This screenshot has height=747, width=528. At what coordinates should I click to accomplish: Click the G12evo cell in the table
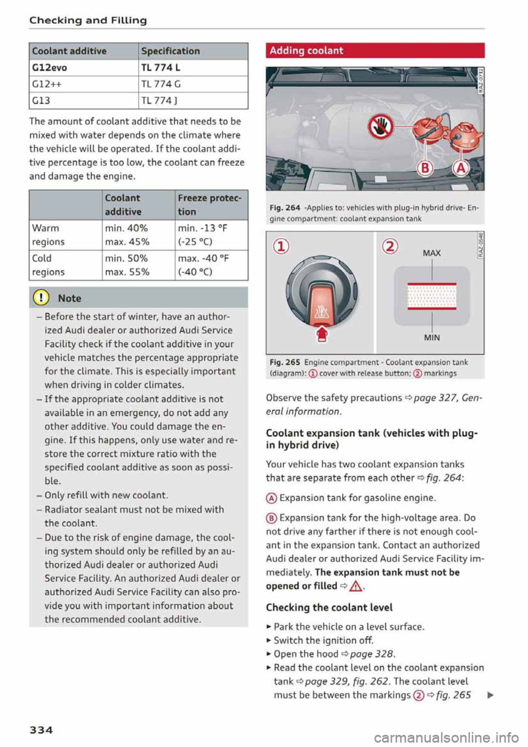coord(50,68)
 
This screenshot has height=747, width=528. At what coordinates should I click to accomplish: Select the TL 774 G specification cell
coord(161,84)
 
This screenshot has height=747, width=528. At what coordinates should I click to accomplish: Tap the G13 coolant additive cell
coord(41,101)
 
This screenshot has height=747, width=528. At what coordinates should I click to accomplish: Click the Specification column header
coord(170,51)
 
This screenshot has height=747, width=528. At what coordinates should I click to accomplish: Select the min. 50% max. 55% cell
coord(127,265)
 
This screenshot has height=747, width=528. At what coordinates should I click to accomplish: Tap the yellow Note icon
coord(42,298)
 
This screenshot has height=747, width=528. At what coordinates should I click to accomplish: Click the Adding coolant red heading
coord(306,51)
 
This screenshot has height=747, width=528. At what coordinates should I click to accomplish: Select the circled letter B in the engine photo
coord(425,168)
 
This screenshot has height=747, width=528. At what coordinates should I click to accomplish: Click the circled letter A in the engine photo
coord(460,168)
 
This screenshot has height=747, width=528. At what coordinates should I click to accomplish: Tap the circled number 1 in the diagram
coord(281,246)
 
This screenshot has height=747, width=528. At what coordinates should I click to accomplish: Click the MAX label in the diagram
coord(432,253)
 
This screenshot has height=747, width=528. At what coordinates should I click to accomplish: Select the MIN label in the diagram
coord(432,338)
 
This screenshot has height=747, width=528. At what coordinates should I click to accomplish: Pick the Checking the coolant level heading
coord(329,607)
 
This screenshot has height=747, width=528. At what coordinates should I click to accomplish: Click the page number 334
coord(41,730)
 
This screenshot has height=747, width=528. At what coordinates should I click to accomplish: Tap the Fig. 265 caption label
coord(284,362)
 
